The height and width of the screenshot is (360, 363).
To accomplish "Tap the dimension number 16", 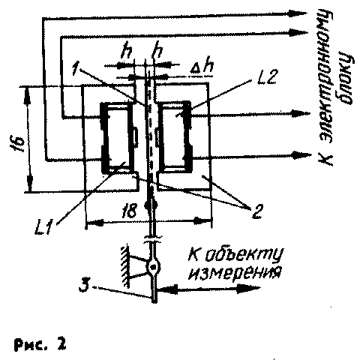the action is (x=20, y=145).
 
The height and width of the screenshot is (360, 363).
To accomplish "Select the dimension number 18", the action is (x=129, y=211).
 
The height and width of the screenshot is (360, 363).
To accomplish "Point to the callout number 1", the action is (x=76, y=68).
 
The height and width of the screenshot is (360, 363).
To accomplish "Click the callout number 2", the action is (x=257, y=211).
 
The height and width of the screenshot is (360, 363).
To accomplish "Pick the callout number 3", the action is (x=84, y=286).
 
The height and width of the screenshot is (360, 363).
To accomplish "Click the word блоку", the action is (x=346, y=78).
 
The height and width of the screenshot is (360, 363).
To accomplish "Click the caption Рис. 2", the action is (x=40, y=344).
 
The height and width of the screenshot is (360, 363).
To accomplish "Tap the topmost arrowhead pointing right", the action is (x=298, y=13).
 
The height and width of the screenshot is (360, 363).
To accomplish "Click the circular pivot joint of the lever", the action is (x=153, y=268).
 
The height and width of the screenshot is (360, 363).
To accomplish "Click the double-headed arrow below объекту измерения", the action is (x=208, y=289).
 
